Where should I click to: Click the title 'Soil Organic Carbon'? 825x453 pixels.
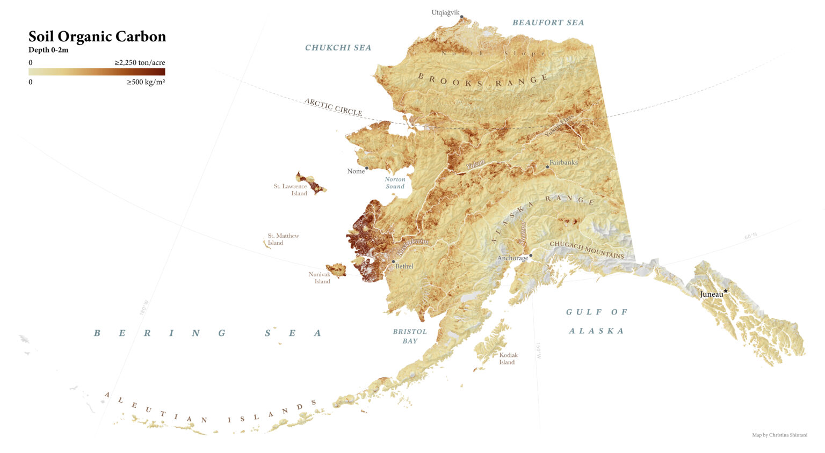97,36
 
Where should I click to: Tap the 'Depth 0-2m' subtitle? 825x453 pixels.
48,50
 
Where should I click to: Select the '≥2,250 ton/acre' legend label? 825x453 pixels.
140,63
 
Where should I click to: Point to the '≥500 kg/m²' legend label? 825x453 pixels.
146,82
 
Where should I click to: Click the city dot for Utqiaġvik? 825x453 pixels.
461,17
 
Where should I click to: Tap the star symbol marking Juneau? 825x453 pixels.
726,291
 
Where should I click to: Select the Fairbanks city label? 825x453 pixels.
563,162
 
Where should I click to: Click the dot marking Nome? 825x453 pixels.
367,168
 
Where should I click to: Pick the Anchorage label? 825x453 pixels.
512,258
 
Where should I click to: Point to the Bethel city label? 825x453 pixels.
404,266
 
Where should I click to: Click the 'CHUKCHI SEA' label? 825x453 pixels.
338,48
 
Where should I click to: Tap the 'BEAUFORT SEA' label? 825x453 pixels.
548,23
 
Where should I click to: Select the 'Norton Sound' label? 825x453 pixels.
395,183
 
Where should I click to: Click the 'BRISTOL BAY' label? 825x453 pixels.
410,336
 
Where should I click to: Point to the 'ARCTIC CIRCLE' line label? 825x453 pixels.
333,107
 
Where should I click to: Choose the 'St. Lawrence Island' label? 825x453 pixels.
291,190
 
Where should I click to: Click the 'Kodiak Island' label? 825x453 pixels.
508,359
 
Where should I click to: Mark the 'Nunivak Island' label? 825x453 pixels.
320,278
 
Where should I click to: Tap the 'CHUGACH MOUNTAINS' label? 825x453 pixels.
587,250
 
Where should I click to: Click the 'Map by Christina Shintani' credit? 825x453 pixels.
779,435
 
